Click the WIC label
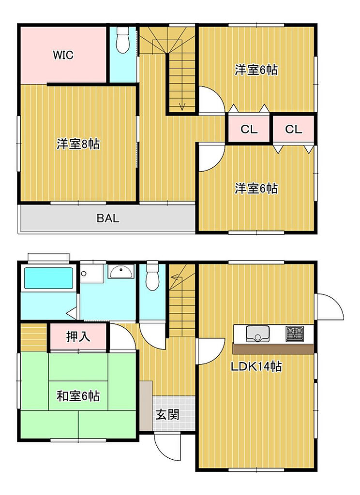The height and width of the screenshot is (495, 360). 63,55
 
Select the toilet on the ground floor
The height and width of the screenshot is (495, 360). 152,275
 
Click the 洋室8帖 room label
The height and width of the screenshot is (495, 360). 78,144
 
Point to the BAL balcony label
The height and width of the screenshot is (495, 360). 108,218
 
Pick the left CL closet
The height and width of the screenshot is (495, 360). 249,129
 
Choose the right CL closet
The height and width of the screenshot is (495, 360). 294,129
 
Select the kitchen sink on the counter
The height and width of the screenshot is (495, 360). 257,334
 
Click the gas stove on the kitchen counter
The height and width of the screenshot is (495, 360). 295,334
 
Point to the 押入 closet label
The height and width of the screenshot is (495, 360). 78,336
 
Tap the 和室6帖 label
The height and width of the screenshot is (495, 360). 78,396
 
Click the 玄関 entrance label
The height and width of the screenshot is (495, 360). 168,414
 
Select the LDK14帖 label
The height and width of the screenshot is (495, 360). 256,366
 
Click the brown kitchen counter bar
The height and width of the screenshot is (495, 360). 273,349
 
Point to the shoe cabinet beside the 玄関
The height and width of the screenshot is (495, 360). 146,406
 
